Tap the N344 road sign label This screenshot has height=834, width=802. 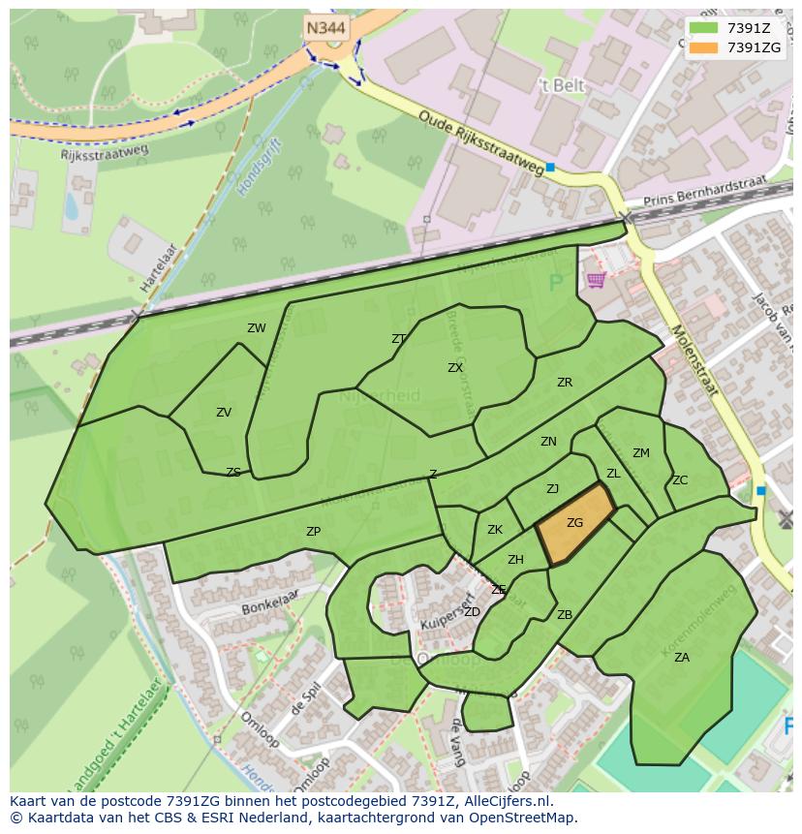326,28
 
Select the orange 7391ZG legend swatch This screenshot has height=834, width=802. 704,47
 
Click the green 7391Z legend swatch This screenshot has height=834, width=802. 704,28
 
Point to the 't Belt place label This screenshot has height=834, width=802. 562,85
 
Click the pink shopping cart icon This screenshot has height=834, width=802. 595,280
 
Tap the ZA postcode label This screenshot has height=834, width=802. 682,658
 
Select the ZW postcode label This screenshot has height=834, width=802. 256,328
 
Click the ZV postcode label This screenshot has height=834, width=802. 224,413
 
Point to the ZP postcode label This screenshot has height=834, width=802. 313,532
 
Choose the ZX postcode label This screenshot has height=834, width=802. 455,368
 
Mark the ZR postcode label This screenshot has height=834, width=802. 565,383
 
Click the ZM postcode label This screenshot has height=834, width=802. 641,453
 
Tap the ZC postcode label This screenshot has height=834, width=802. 680,480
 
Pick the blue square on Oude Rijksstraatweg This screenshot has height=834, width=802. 550,168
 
